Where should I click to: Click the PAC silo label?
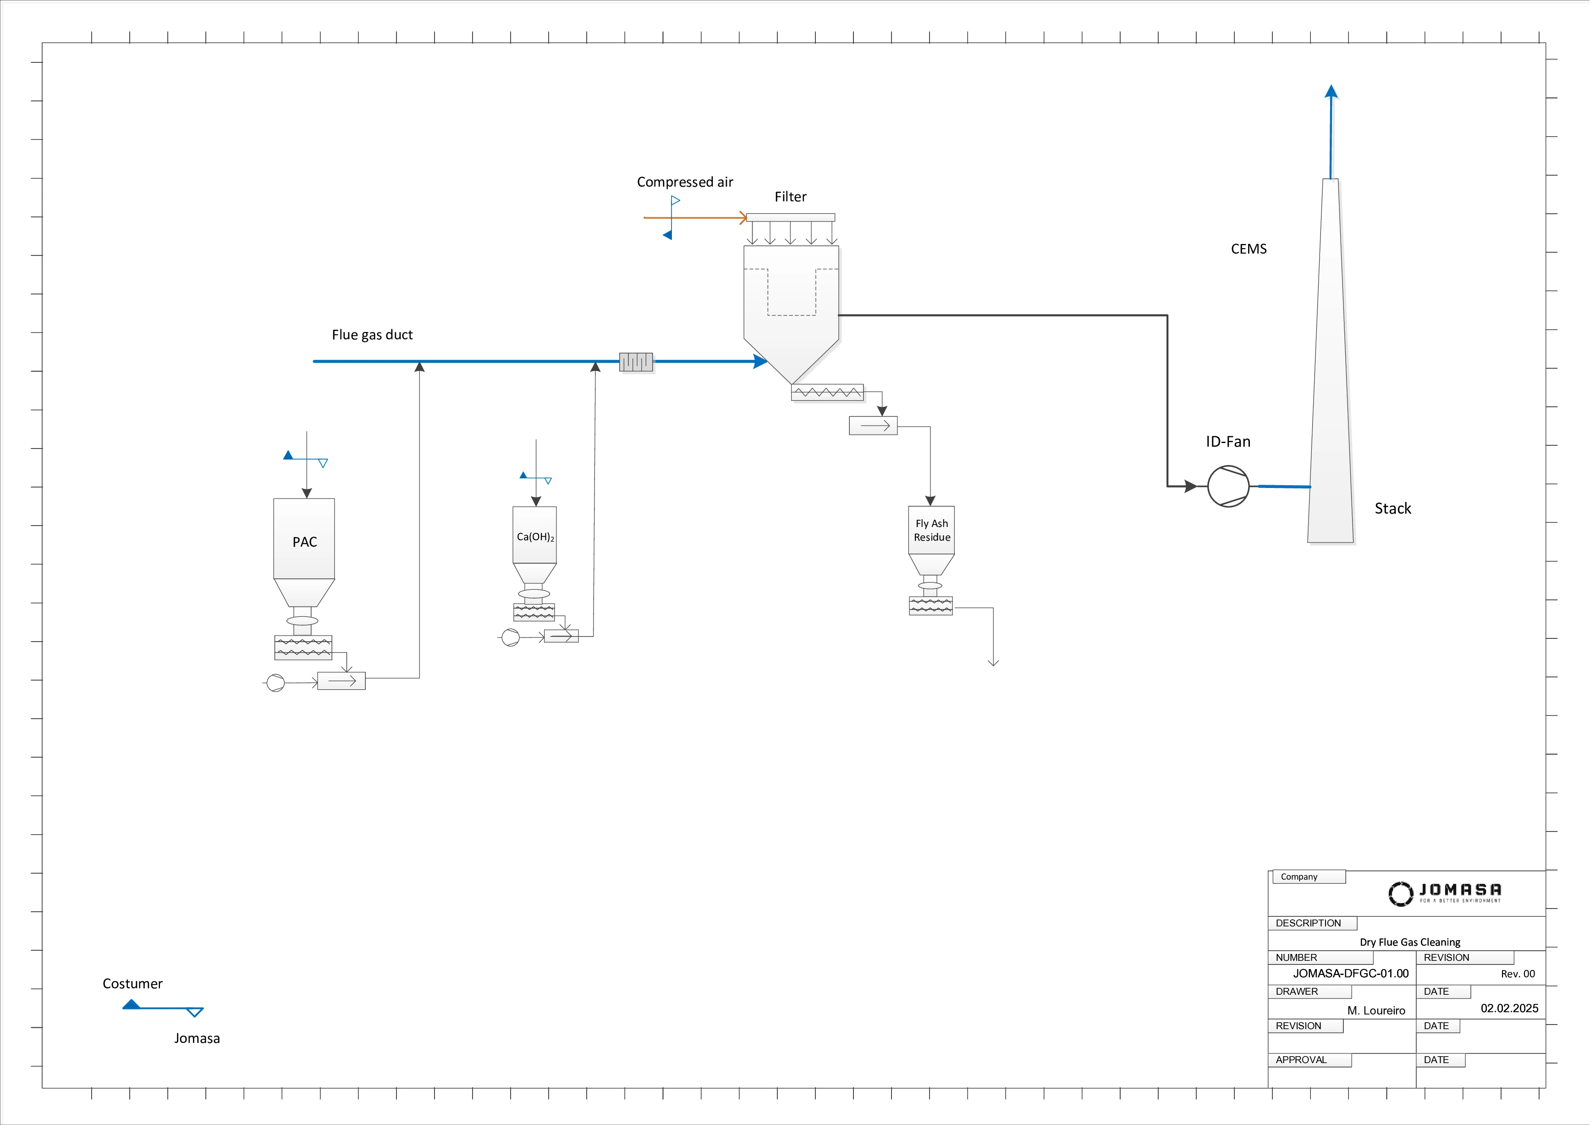[x=305, y=543]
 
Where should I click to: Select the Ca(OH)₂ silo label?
[x=535, y=537]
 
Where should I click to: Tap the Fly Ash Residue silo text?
[x=931, y=531]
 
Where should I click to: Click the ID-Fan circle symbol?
[x=1228, y=486]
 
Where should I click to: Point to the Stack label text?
[x=1392, y=509]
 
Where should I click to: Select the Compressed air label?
[x=684, y=182]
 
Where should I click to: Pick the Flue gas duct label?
[x=372, y=335]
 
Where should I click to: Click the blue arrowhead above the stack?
[x=1331, y=91]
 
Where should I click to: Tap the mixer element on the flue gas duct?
[x=636, y=361]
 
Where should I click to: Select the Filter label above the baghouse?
[x=790, y=197]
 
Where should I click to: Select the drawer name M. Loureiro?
[x=1376, y=1011]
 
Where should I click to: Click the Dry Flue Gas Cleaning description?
[x=1409, y=942]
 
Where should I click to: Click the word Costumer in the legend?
[x=132, y=984]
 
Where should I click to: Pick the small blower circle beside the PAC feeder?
[x=275, y=683]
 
